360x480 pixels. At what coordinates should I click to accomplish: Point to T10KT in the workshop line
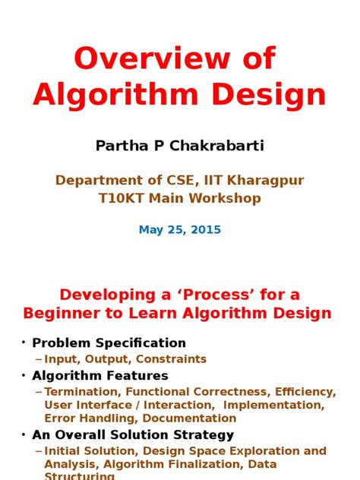(119, 198)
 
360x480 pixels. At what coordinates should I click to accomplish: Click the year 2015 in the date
(206, 229)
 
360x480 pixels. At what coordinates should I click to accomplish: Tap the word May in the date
(150, 229)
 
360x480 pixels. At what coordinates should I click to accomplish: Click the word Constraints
(172, 359)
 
